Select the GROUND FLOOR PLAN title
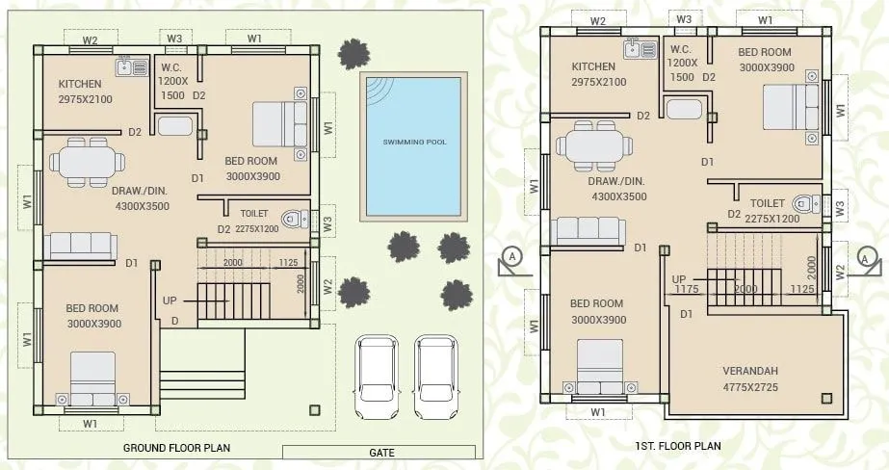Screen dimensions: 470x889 (176, 448)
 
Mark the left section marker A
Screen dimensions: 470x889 (512, 257)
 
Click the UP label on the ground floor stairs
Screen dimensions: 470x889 (170, 300)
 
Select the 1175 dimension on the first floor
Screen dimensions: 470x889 (685, 287)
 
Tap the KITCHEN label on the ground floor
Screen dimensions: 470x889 (79, 84)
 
